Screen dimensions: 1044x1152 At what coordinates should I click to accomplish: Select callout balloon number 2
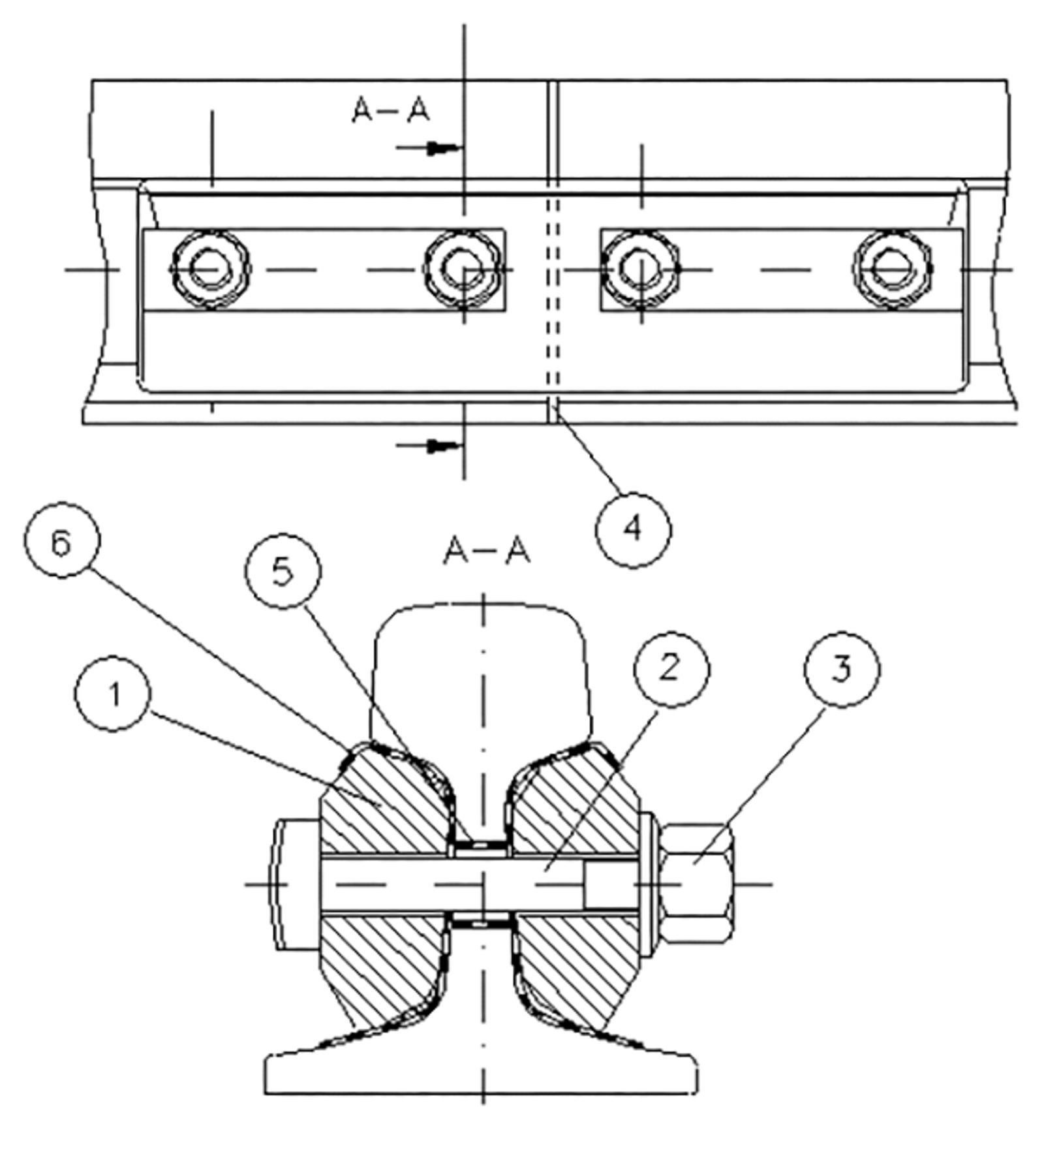671,669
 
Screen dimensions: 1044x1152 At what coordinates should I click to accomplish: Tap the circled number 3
842,669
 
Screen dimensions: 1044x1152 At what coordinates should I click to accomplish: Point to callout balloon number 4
633,529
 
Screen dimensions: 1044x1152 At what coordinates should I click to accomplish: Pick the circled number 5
283,572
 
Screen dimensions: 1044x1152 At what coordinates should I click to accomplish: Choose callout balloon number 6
62,540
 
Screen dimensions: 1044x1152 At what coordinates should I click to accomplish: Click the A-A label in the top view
391,110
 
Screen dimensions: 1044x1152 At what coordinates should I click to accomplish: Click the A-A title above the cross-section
486,551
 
